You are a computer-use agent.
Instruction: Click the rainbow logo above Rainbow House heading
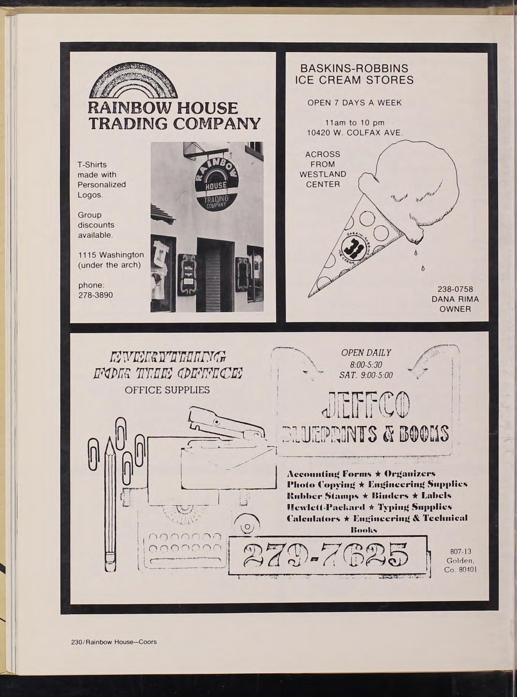(x=133, y=81)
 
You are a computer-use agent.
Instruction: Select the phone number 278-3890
(x=96, y=295)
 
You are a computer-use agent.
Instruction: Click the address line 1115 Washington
(x=111, y=255)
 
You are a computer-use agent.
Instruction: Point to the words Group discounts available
(x=96, y=225)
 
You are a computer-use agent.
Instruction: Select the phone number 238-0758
(x=455, y=289)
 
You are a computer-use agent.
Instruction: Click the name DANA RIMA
(x=455, y=299)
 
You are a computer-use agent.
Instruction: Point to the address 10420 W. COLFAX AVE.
(x=355, y=133)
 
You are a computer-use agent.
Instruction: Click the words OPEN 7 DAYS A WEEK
(x=355, y=103)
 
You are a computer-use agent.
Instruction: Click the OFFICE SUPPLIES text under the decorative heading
(x=167, y=390)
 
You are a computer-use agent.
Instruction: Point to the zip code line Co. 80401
(x=460, y=570)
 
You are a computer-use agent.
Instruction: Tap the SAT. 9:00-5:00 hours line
(x=366, y=375)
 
